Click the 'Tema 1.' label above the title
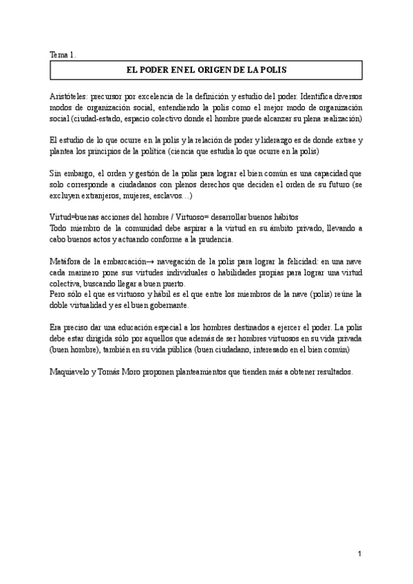click(63, 54)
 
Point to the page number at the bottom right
click(359, 554)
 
